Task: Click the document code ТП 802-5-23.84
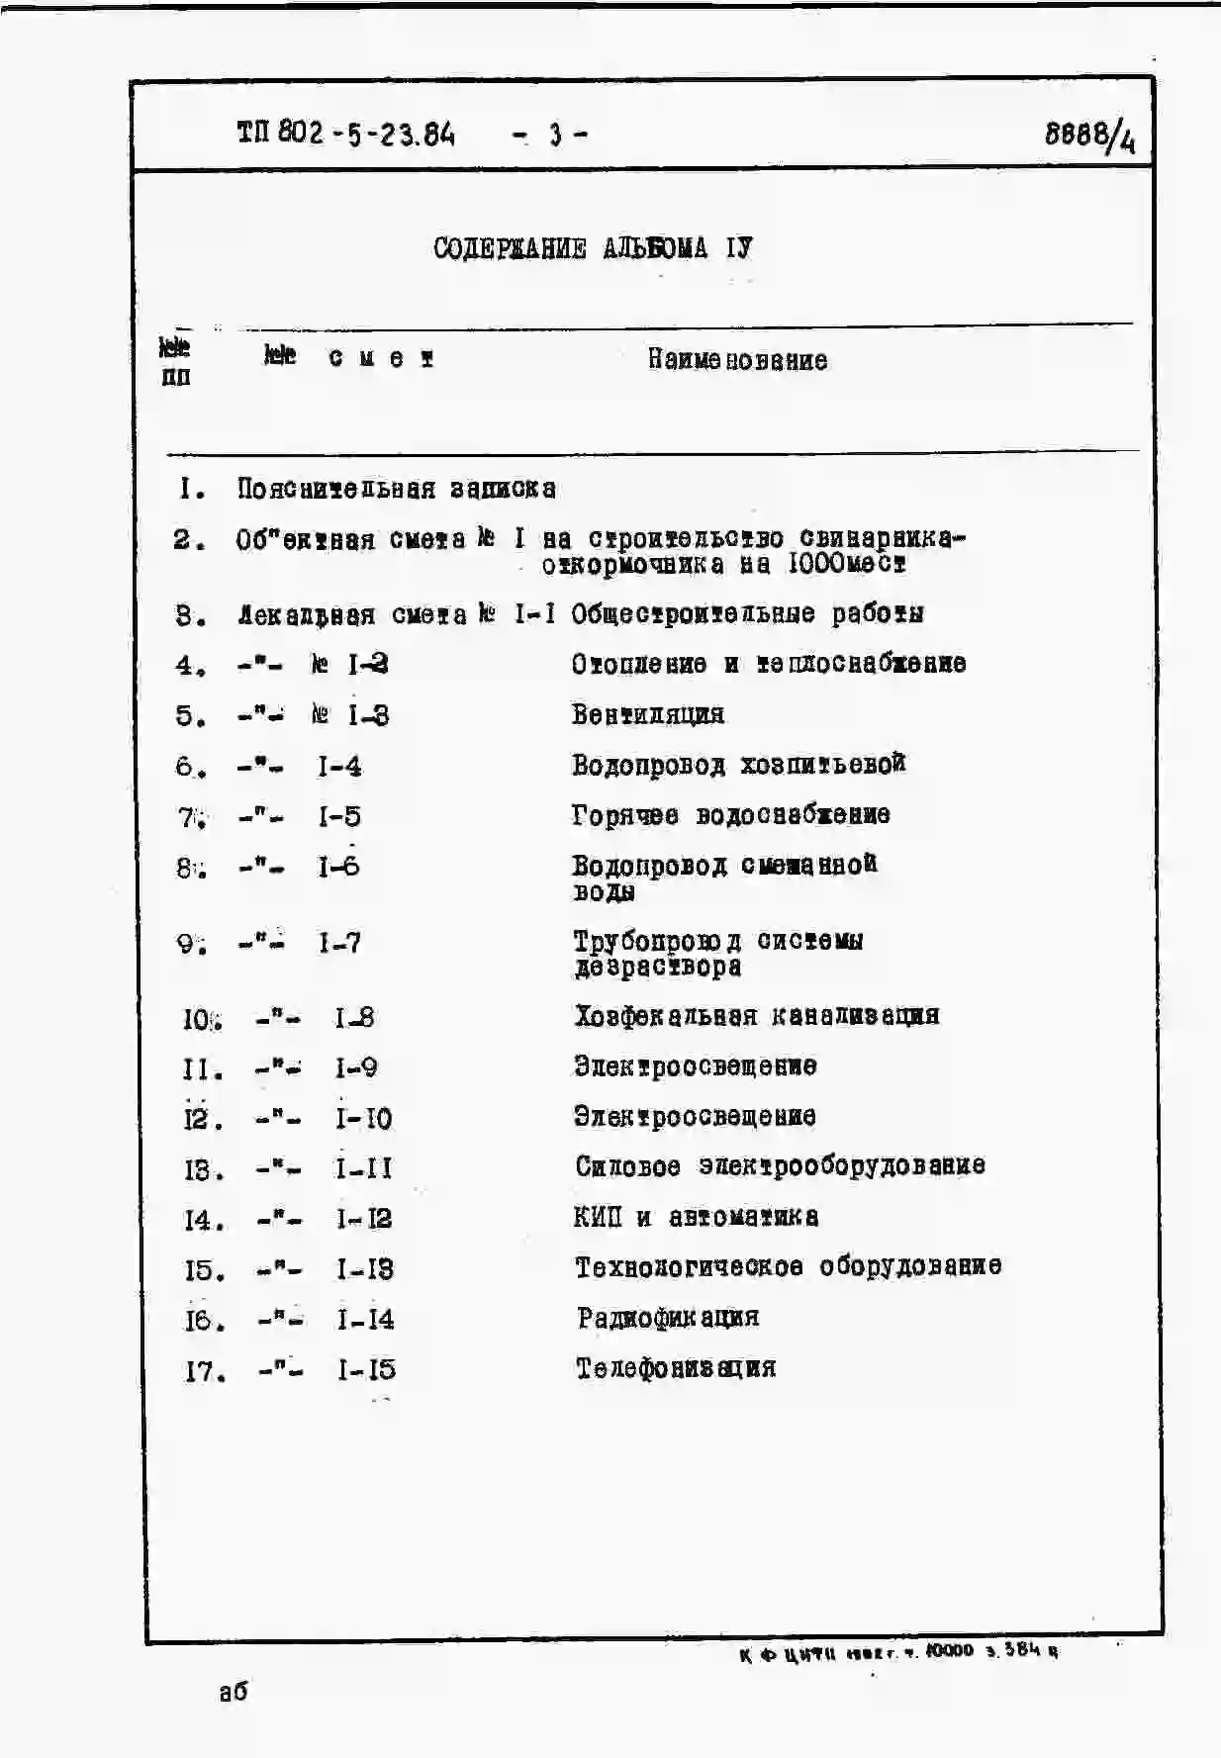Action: click(x=345, y=133)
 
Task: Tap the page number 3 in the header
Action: click(x=555, y=134)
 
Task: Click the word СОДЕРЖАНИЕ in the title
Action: click(x=510, y=248)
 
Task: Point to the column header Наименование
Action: click(x=737, y=360)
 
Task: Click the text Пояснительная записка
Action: click(x=396, y=489)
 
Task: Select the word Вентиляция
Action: click(x=647, y=714)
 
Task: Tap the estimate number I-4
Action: click(x=339, y=767)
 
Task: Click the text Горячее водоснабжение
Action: click(x=730, y=815)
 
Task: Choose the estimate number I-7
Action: click(x=339, y=943)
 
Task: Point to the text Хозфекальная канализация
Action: click(x=757, y=1016)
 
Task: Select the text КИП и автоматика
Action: click(x=696, y=1217)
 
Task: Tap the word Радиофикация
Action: click(x=668, y=1318)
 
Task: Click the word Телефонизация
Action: click(x=676, y=1368)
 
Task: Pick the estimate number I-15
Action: click(x=366, y=1370)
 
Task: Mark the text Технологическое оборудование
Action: click(x=788, y=1267)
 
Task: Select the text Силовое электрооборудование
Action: click(x=780, y=1166)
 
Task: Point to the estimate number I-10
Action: click(x=363, y=1119)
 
